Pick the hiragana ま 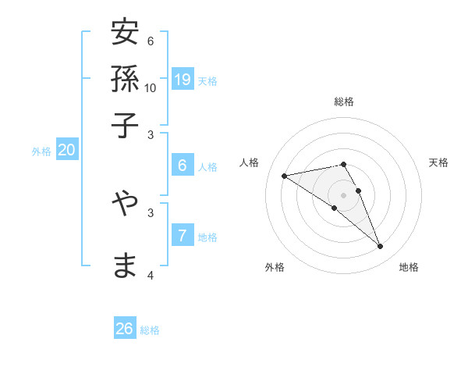coord(125,265)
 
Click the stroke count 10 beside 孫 coord(151,87)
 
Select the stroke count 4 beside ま coord(151,275)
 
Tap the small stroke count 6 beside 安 coord(151,41)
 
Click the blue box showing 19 coord(183,79)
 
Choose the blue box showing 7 coord(183,235)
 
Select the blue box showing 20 coord(66,151)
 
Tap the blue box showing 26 coord(125,329)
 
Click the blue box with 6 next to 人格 coord(183,165)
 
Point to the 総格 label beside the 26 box coord(150,330)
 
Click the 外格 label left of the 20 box coord(41,152)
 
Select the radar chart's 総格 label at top coord(343,102)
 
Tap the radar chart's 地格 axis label coord(409,267)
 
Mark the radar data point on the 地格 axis coord(381,247)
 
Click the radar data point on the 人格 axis coord(284,176)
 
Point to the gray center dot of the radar coord(343,194)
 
